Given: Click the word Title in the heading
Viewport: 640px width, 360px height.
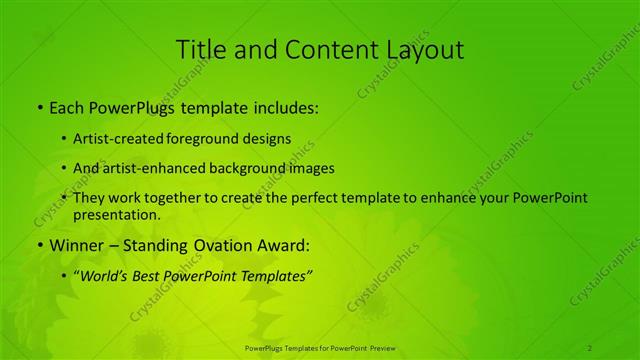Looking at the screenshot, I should click(200, 50).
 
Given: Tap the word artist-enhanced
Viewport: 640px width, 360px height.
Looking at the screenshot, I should click(155, 169).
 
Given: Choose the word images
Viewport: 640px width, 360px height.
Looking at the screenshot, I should click(310, 169).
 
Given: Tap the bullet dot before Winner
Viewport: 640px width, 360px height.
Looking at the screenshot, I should click(39, 244).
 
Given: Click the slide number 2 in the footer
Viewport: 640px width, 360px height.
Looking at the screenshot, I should click(589, 347).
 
